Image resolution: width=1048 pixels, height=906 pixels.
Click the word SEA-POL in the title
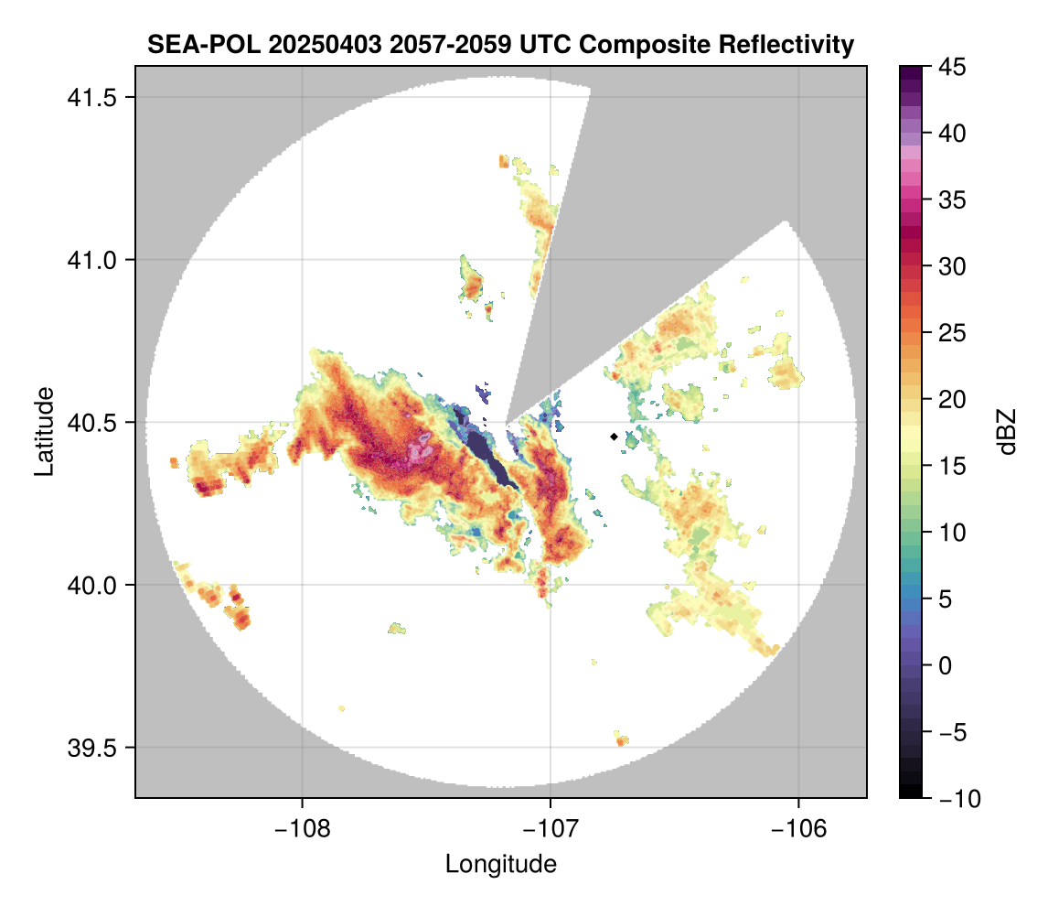190,44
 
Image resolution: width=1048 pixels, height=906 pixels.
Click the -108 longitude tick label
302,828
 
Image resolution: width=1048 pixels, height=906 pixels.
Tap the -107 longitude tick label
551,828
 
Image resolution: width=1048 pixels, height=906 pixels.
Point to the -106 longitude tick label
799,828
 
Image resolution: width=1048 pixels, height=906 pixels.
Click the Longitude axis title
500,863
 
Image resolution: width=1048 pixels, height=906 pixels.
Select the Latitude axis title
43,431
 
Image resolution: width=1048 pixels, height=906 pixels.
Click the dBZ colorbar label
1008,431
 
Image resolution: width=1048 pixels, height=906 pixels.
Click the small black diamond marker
614,437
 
